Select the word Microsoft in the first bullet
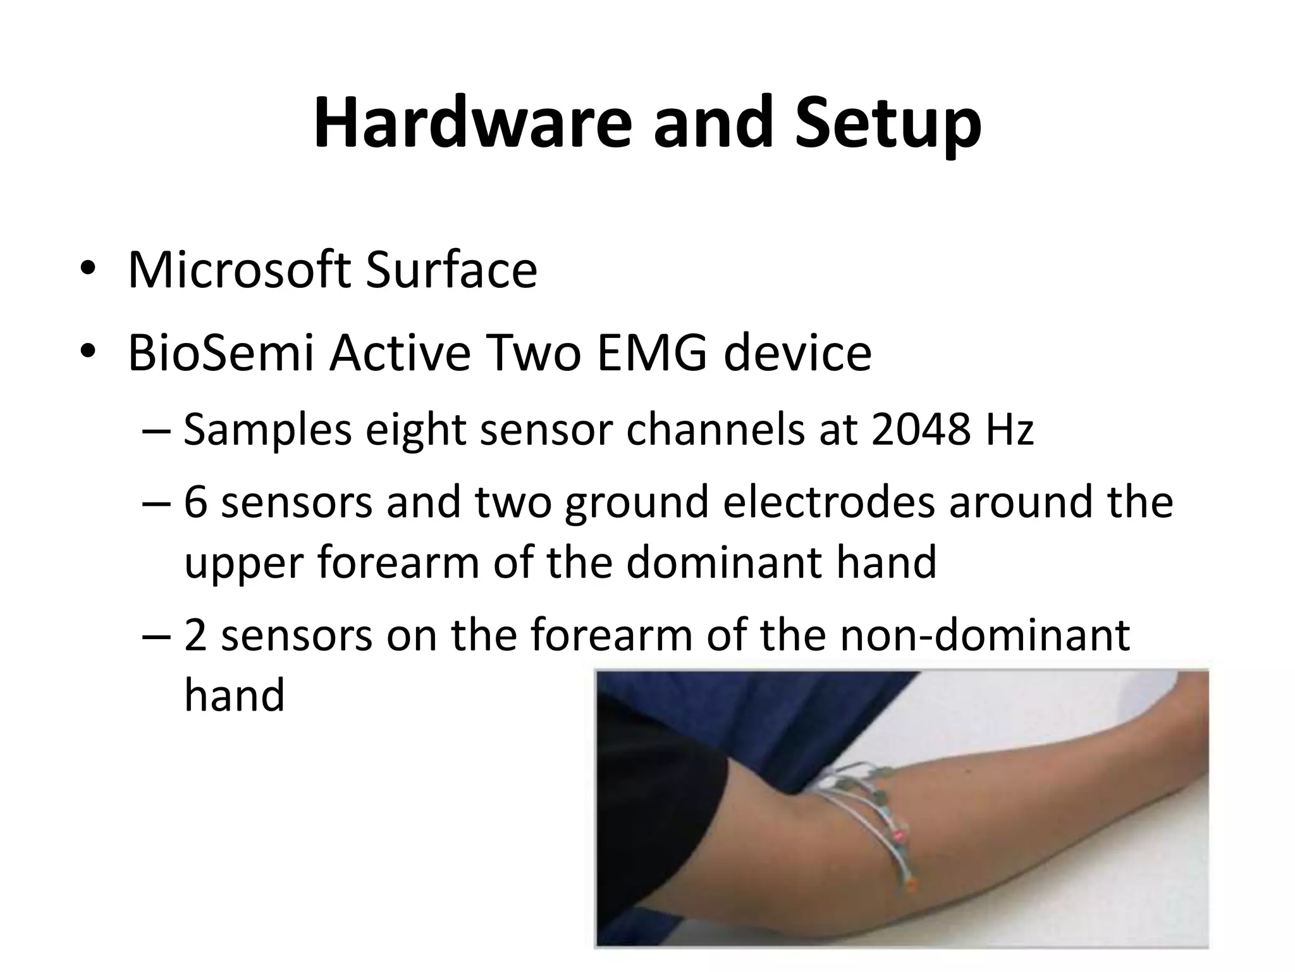[x=238, y=271]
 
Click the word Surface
[x=451, y=271]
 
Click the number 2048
[x=920, y=430]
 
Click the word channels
[x=715, y=430]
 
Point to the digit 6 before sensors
[x=196, y=502]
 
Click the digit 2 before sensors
[x=196, y=635]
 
